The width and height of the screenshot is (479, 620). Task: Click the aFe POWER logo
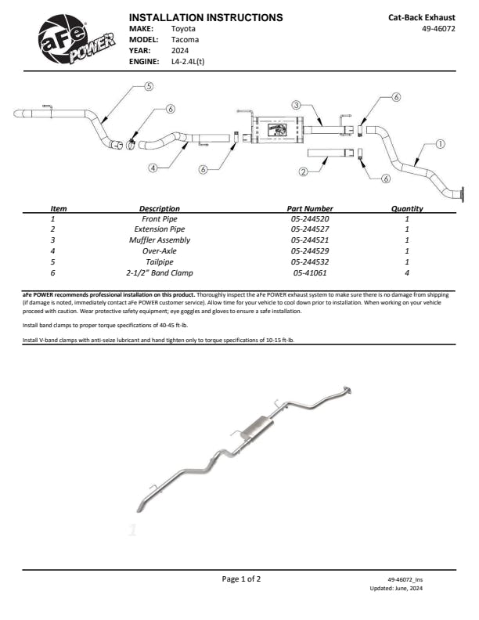(x=75, y=40)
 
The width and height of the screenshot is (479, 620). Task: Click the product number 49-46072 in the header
(x=438, y=28)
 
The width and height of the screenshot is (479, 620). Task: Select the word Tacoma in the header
(x=185, y=40)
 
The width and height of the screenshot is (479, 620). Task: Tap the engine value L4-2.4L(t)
(x=188, y=61)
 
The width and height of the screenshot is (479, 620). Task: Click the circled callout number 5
(x=149, y=86)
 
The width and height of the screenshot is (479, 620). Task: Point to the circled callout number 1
(x=441, y=144)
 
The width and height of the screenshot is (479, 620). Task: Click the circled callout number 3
(x=297, y=105)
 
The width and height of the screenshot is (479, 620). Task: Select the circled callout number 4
(x=153, y=168)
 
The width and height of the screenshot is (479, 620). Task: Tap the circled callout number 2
(x=303, y=171)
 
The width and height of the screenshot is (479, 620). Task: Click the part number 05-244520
(x=310, y=218)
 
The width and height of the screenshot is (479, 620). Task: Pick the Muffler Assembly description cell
(x=160, y=240)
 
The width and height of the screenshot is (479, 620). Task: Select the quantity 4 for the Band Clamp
(x=407, y=273)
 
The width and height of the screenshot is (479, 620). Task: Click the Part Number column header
(x=310, y=208)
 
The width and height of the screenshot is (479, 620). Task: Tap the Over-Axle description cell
(x=160, y=251)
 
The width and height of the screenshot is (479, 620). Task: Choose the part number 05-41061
(x=310, y=273)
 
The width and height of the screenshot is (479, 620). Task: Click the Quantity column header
(x=407, y=208)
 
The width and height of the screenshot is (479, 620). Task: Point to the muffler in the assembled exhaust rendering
(x=257, y=428)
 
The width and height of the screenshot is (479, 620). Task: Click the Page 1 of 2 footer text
(x=241, y=579)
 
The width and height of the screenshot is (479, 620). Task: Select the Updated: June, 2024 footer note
(x=396, y=589)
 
